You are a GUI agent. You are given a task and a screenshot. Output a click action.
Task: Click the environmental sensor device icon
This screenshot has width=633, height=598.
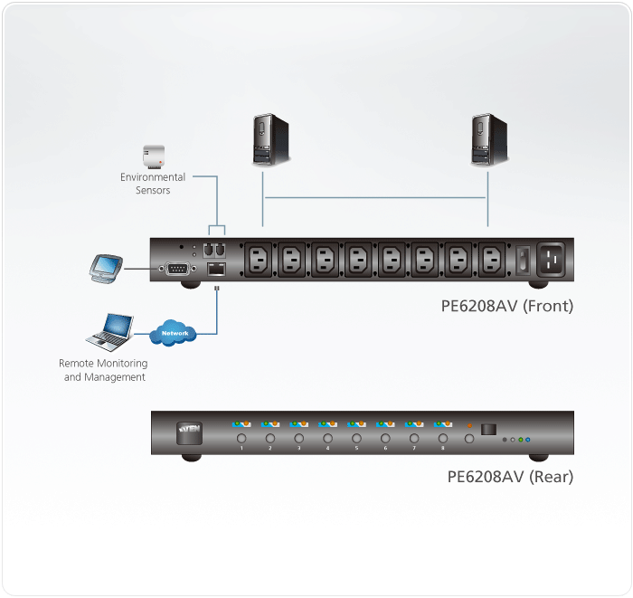153,157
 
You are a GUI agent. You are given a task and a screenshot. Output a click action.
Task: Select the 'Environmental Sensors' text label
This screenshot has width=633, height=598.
153,184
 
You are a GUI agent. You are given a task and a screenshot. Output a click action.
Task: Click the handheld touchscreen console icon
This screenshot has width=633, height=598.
107,267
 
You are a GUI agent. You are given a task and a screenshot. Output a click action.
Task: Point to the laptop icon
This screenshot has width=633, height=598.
109,332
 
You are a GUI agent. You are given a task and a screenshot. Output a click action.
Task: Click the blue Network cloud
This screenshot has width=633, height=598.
175,333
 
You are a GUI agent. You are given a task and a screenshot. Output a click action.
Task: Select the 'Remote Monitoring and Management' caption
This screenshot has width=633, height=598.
104,370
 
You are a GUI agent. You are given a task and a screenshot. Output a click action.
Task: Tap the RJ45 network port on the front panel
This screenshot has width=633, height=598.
217,269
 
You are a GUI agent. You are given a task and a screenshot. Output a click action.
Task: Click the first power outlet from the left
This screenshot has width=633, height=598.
260,261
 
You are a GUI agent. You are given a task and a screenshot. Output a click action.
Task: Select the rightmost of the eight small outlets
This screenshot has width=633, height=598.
490,261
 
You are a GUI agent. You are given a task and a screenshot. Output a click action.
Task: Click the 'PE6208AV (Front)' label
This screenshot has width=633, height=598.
506,306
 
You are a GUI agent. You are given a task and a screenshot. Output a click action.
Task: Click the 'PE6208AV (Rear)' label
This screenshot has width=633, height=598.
510,477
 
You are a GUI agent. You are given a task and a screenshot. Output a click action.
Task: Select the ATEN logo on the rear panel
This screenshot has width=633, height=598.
189,432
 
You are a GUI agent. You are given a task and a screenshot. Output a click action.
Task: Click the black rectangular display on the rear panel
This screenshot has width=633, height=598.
488,430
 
